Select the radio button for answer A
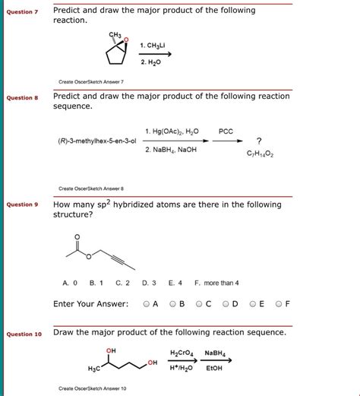point(147,305)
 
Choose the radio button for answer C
point(199,305)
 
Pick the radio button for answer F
point(279,305)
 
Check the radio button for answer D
point(226,305)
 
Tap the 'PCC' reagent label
point(226,131)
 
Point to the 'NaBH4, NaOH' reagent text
point(172,150)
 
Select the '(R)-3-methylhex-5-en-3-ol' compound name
point(96,141)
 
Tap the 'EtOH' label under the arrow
point(214,369)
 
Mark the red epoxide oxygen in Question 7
point(127,40)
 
